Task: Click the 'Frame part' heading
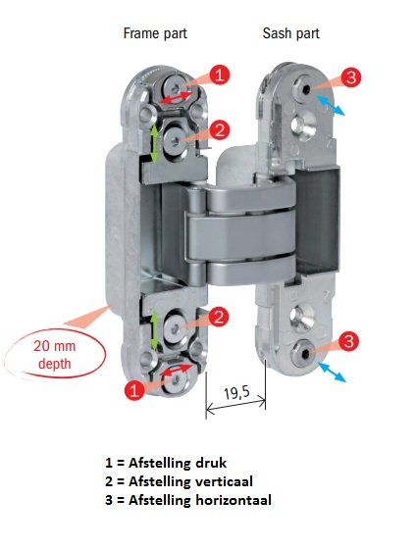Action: click(155, 34)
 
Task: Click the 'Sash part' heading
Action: click(291, 34)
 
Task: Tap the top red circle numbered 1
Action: click(220, 75)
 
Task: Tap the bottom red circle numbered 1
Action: click(134, 390)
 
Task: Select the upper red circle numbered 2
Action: click(220, 130)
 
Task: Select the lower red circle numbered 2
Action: click(219, 318)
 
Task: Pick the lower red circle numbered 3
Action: click(348, 341)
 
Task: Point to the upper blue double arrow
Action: click(331, 105)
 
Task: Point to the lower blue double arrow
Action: click(332, 372)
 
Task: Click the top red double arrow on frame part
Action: click(177, 97)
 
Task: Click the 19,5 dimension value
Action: click(237, 392)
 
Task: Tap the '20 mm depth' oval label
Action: click(55, 354)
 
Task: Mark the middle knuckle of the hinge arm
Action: click(239, 236)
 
